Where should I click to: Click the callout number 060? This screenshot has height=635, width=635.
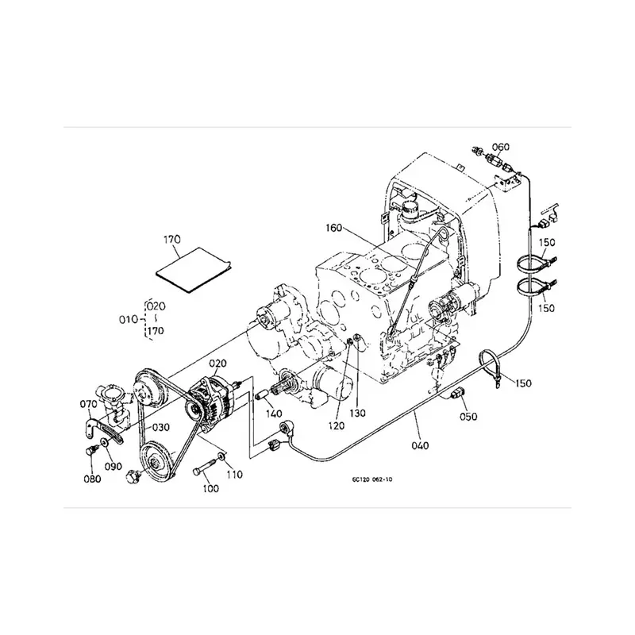501,146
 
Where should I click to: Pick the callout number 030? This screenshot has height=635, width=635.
161,427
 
